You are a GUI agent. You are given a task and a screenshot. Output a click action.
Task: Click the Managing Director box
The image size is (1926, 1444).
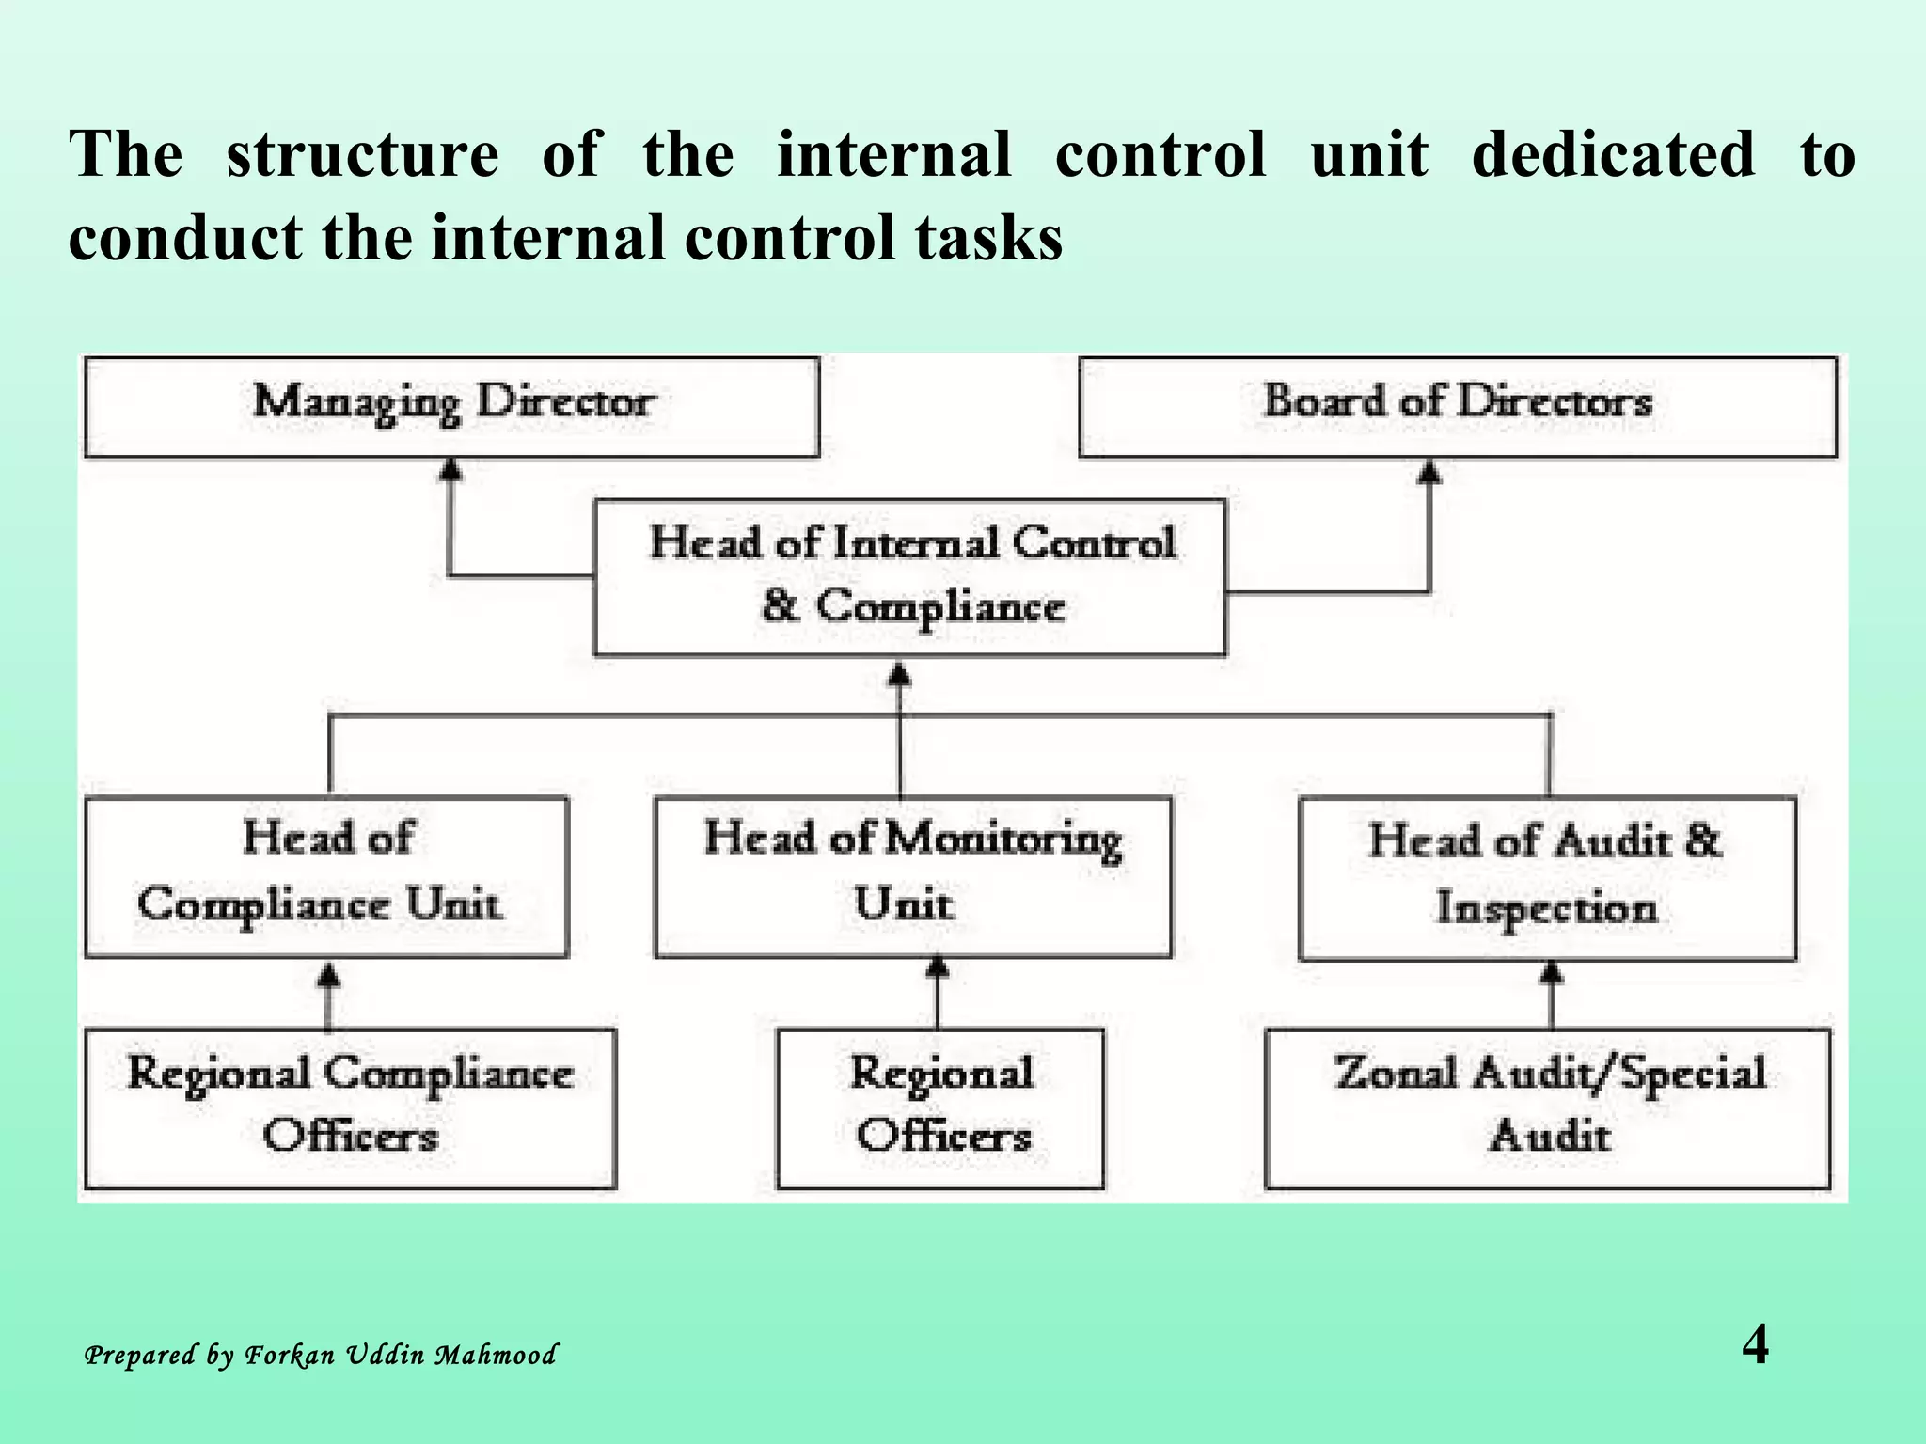[x=451, y=407]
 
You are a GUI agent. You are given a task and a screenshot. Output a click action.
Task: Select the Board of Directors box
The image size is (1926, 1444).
[x=1457, y=407]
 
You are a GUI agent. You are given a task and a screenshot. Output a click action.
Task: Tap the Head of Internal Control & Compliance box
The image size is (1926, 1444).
[x=909, y=576]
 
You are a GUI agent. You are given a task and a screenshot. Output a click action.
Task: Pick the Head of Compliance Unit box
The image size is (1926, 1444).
[x=326, y=876]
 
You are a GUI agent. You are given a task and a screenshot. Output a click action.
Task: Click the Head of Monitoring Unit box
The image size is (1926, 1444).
[x=913, y=876]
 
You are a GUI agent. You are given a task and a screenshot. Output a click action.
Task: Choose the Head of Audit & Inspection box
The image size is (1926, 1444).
[x=1547, y=878]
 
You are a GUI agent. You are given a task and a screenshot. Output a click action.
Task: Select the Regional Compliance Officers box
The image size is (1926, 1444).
[x=351, y=1108]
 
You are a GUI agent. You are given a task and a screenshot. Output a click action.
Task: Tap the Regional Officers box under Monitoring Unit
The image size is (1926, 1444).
[x=940, y=1108]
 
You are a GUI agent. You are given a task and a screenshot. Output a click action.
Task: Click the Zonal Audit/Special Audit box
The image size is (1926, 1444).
[x=1548, y=1108]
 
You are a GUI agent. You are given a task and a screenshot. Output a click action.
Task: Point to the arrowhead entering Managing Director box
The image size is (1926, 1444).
[x=451, y=469]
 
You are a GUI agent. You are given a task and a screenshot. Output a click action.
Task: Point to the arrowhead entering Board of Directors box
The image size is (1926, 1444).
[x=1429, y=470]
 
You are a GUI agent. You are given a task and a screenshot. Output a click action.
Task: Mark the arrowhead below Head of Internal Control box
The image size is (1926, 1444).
[x=900, y=674]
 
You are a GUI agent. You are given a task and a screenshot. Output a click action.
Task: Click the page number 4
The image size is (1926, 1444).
[x=1755, y=1344]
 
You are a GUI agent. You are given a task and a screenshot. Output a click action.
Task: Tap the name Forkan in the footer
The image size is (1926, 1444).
[x=290, y=1355]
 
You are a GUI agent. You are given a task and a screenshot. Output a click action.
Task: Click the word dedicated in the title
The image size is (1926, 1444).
[x=1613, y=154]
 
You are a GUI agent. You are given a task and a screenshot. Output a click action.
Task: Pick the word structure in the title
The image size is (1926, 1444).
[x=362, y=154]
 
